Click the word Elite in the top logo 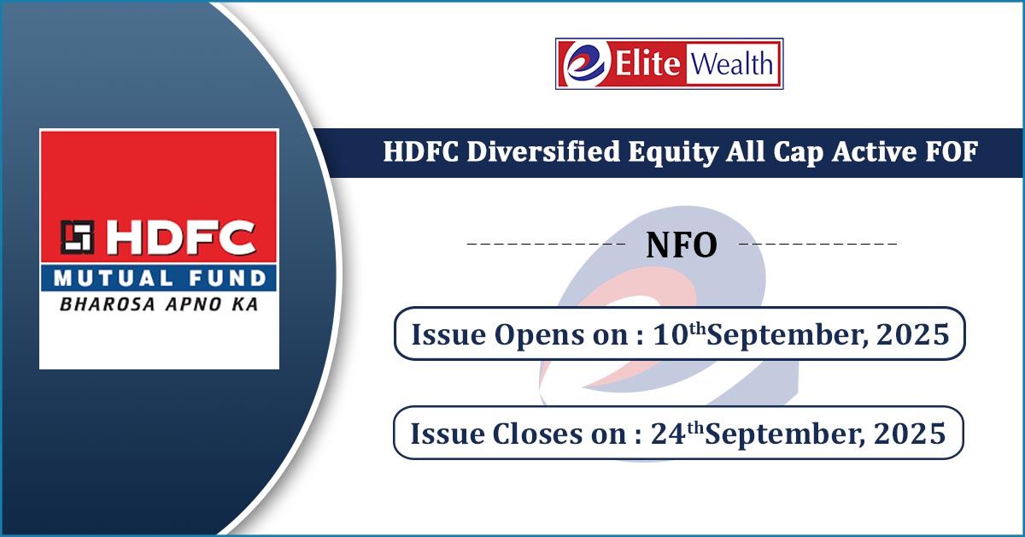coord(648,63)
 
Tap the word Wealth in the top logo coord(732,63)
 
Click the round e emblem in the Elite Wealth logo coord(587,63)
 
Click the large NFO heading coord(682,245)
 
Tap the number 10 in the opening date coord(671,334)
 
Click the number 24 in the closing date coord(669,433)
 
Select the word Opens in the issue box coord(538,336)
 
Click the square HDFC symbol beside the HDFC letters coord(78,237)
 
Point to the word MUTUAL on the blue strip coord(114,278)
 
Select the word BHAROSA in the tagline coord(108,304)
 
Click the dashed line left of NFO coord(547,244)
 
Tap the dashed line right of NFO coord(818,244)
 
